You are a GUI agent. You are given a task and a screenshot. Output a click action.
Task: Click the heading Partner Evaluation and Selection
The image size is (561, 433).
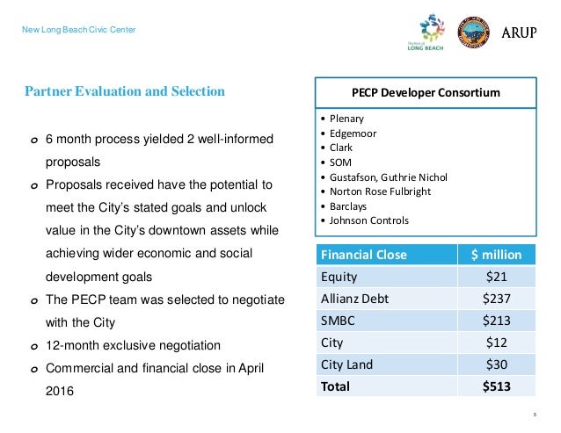(124, 91)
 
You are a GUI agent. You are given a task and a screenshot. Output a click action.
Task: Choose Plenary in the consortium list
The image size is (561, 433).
(347, 118)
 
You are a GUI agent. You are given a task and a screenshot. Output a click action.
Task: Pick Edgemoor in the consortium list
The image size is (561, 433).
(354, 133)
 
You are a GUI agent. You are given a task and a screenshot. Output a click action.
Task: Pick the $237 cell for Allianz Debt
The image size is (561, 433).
(497, 299)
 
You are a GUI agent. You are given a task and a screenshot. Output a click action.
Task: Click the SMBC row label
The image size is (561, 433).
(338, 321)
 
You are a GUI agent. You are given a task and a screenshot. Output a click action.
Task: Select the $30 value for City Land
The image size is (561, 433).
(497, 364)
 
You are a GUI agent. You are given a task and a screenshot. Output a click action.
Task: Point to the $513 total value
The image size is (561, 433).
(497, 386)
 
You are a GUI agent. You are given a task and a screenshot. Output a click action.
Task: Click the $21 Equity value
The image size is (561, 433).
(497, 277)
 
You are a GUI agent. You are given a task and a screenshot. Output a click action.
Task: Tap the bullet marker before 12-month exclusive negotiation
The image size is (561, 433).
(34, 345)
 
